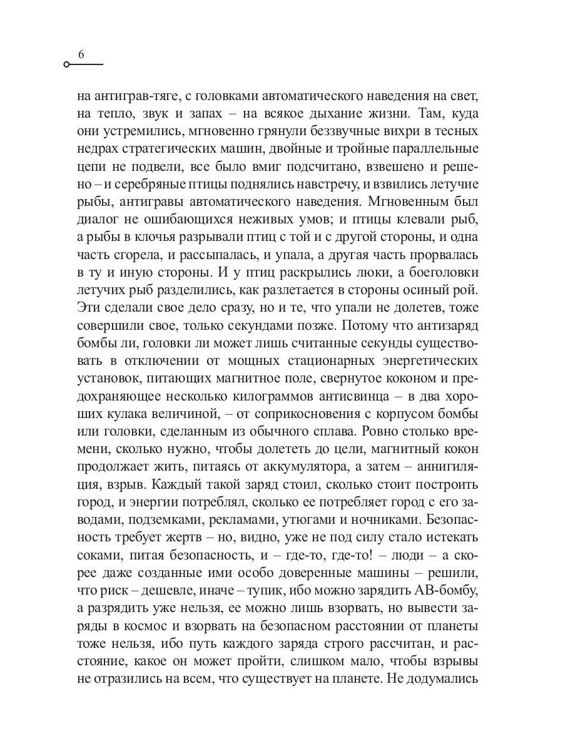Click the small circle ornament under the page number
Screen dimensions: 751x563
tap(67, 64)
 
